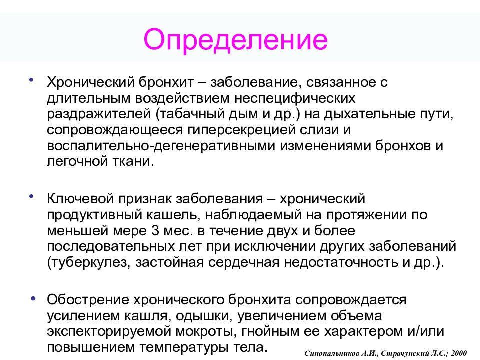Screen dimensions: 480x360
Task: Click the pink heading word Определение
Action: pos(235,40)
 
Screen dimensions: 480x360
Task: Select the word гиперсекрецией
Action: pos(241,130)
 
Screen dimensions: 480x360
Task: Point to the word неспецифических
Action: pos(295,98)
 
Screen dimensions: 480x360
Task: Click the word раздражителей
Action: pos(99,114)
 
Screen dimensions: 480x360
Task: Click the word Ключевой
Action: pos(81,199)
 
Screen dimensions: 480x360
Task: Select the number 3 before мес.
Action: pos(155,230)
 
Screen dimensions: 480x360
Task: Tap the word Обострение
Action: pos(88,300)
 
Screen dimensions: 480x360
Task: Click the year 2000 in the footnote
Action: pos(459,353)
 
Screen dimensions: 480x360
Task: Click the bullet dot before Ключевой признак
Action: pos(31,197)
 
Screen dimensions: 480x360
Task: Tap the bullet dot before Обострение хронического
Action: pos(33,298)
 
